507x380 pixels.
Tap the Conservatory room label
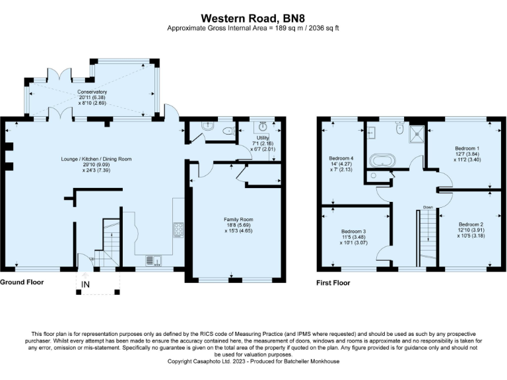point(92,92)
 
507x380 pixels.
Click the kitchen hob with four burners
point(178,229)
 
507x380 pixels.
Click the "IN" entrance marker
point(86,284)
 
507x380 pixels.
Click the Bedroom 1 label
point(467,148)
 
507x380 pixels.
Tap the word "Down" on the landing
point(428,207)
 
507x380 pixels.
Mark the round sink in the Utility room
point(262,129)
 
